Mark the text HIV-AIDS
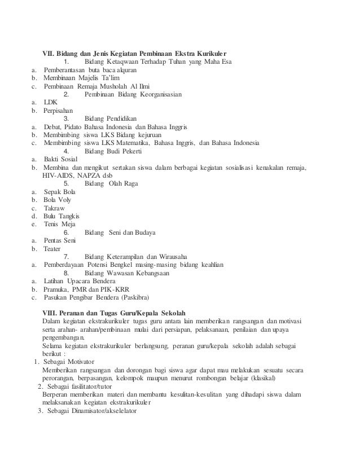coord(58,176)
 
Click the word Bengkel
coord(133,265)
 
